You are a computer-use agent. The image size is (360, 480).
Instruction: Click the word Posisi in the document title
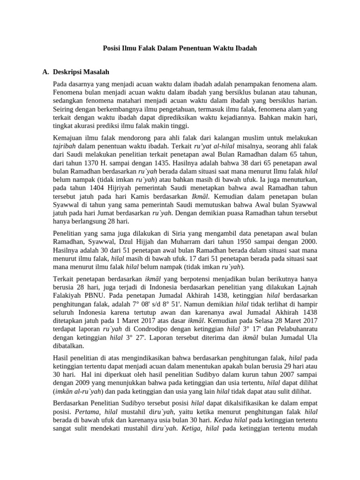(x=112, y=48)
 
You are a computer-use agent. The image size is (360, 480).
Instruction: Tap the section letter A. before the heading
(x=46, y=72)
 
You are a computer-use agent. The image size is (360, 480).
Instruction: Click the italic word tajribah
(x=67, y=146)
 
